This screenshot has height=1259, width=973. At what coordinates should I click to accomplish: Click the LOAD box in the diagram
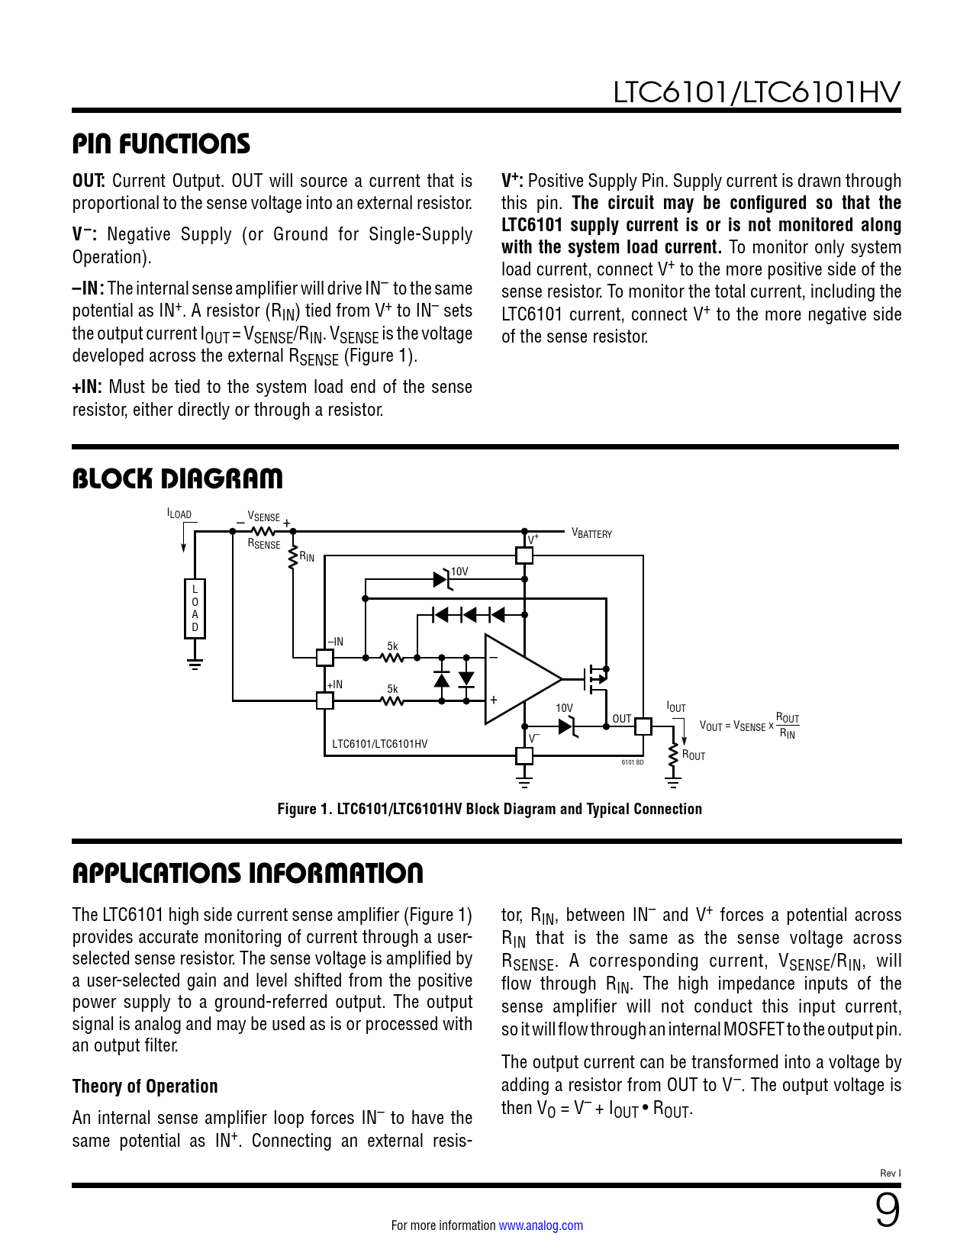pyautogui.click(x=195, y=608)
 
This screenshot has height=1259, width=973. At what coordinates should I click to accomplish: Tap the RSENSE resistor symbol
pyautogui.click(x=263, y=531)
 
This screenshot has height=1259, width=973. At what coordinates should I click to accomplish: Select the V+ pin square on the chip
pyautogui.click(x=524, y=555)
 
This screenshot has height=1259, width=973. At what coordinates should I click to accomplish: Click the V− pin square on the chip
pyautogui.click(x=524, y=755)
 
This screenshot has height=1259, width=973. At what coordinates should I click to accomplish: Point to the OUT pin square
pyautogui.click(x=643, y=726)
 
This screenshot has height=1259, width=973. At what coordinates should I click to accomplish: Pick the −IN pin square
pyautogui.click(x=324, y=657)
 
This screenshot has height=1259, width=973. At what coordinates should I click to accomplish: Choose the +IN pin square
pyautogui.click(x=324, y=700)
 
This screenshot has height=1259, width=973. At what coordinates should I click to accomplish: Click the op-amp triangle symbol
pyautogui.click(x=519, y=678)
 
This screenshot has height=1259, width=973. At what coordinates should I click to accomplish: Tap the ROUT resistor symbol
pyautogui.click(x=673, y=755)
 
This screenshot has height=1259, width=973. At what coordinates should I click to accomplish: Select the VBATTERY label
pyautogui.click(x=592, y=534)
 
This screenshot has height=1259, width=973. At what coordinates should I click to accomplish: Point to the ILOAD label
pyautogui.click(x=179, y=514)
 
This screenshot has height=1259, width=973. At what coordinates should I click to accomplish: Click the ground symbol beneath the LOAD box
pyautogui.click(x=195, y=663)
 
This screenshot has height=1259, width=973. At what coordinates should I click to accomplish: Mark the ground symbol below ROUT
pyautogui.click(x=673, y=782)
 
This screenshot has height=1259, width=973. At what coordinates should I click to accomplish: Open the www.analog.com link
pyautogui.click(x=540, y=1225)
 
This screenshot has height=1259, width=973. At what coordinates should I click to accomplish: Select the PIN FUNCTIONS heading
pyautogui.click(x=161, y=143)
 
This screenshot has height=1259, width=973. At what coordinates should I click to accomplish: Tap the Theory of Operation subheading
pyautogui.click(x=145, y=1086)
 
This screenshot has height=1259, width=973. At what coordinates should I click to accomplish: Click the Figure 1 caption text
pyautogui.click(x=489, y=809)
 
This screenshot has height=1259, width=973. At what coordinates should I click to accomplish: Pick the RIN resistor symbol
pyautogui.click(x=293, y=558)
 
